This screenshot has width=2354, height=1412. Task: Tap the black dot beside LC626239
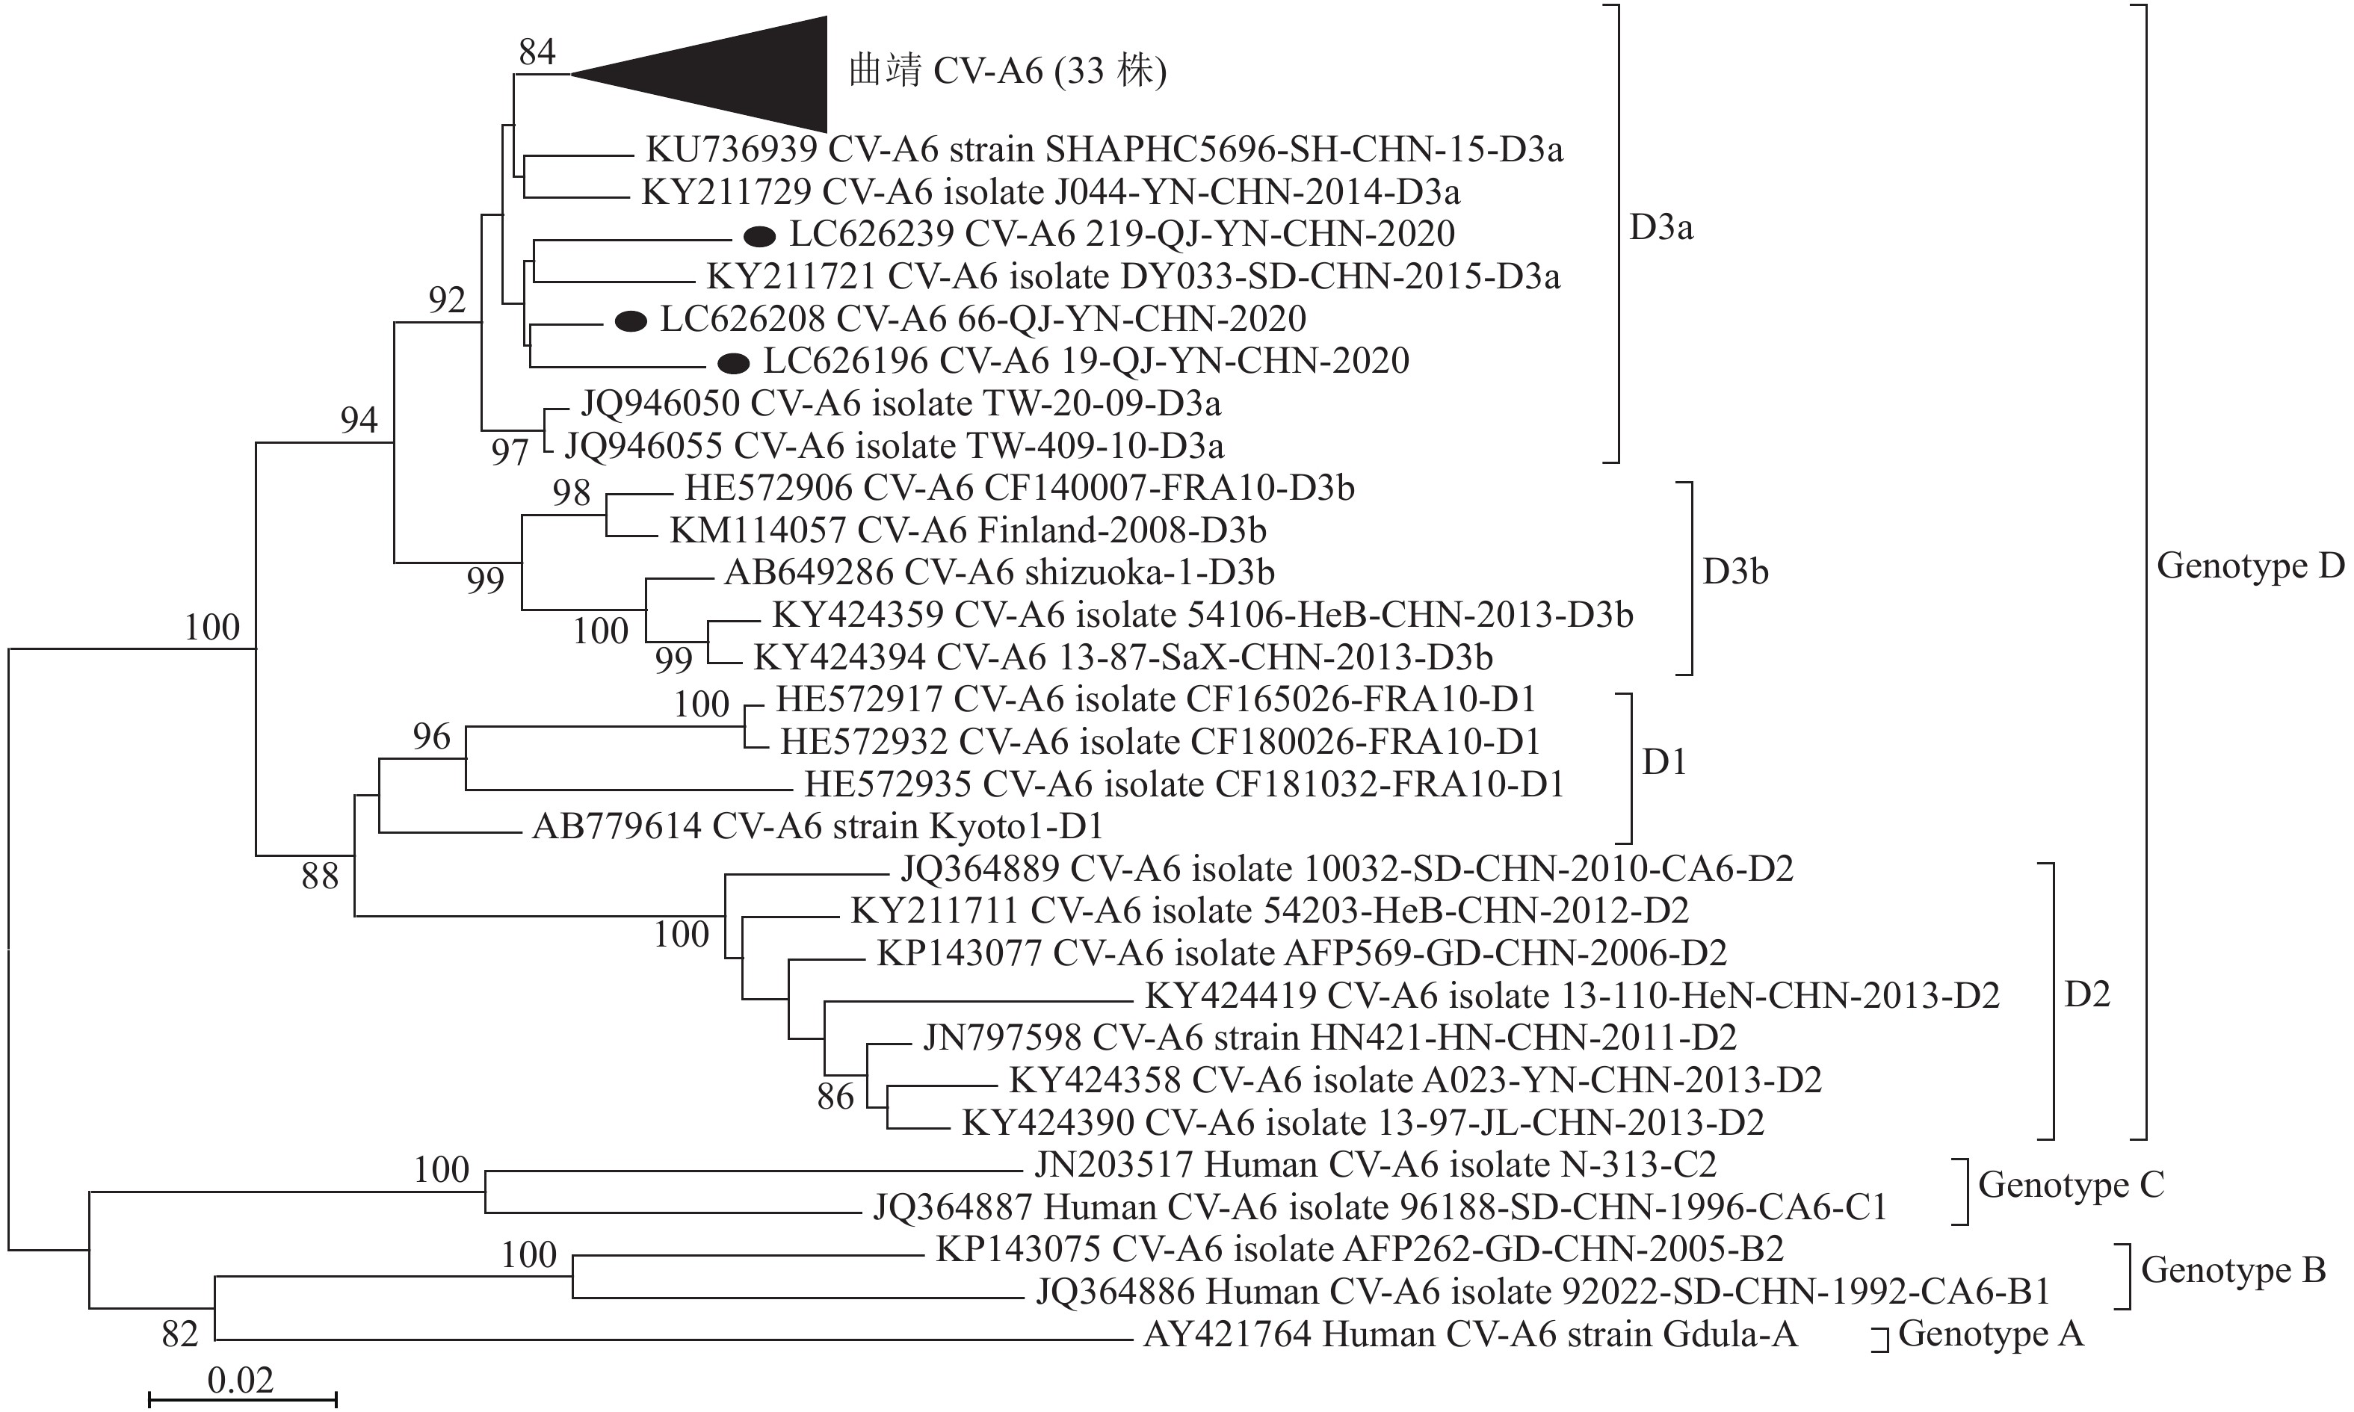[x=759, y=235]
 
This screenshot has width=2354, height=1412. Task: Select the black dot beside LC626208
[x=631, y=321]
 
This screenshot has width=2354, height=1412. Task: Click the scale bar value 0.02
[x=240, y=1380]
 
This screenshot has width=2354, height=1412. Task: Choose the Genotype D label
[x=2249, y=566]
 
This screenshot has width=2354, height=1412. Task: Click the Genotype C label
[x=2071, y=1185]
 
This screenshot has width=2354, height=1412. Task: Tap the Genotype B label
[x=2232, y=1270]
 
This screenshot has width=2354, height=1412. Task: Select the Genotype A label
[x=1991, y=1334]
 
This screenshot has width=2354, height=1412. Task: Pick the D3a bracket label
[x=1661, y=229]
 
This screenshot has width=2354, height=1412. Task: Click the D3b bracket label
[x=1734, y=572]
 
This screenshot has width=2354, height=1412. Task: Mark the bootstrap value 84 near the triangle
[x=537, y=52]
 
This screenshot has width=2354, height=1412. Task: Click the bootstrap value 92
[x=446, y=300]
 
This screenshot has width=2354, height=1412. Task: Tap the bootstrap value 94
[x=359, y=420]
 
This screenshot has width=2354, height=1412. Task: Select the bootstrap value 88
[x=320, y=876]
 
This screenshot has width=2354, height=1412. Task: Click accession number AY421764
[x=1226, y=1335]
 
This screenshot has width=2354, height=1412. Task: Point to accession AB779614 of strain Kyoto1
[x=616, y=826]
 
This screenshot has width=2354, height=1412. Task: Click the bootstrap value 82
[x=180, y=1334]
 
